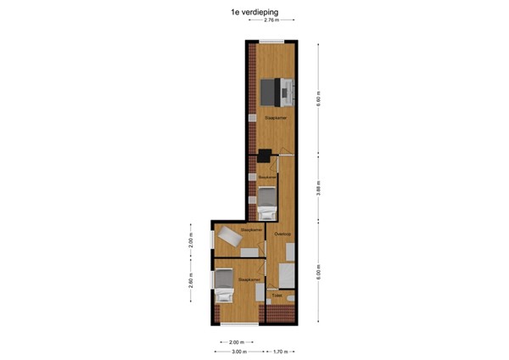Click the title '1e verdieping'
point(254,13)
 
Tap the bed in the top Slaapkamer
point(276,87)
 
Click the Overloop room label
point(282,233)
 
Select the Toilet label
point(277,295)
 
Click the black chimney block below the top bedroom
point(266,155)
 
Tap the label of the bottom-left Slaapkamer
point(247,277)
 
